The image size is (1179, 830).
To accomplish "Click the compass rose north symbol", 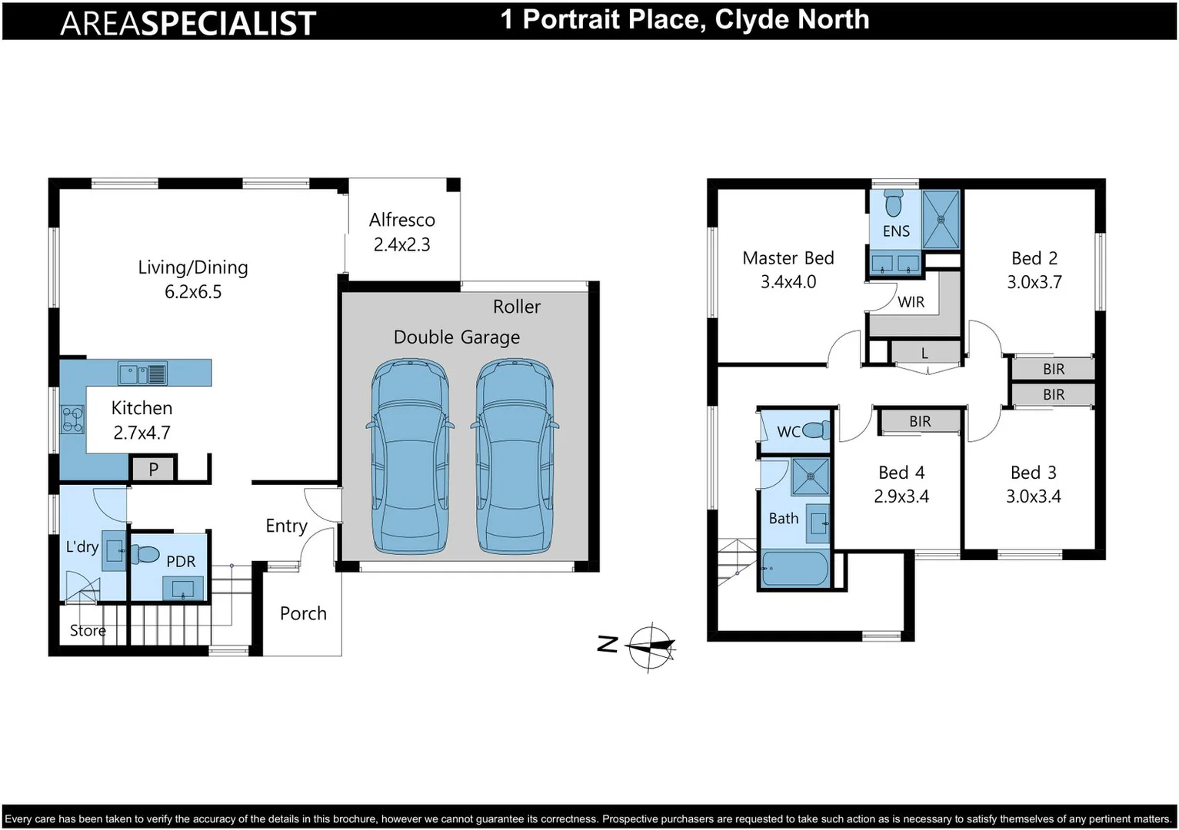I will click(650, 646).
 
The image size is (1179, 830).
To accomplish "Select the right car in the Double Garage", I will click(514, 456).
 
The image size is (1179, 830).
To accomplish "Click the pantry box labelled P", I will click(154, 469).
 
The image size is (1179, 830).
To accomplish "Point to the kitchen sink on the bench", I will click(142, 374).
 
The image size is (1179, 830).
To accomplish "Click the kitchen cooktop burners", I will click(72, 420).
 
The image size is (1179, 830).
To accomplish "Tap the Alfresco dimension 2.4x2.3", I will click(401, 245).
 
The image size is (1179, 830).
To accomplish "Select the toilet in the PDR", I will click(145, 554).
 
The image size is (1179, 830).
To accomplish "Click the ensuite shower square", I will click(941, 219).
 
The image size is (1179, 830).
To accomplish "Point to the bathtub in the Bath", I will click(794, 569).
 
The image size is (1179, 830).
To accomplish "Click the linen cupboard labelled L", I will click(924, 354).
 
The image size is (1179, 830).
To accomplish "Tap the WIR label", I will click(911, 302).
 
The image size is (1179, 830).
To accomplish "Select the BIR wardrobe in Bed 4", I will click(920, 421).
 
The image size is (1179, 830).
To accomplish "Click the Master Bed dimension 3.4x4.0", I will click(788, 282).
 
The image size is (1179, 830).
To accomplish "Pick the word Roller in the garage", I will click(516, 307).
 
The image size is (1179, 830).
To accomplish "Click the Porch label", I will click(303, 613).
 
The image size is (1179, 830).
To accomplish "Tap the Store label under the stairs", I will click(88, 631).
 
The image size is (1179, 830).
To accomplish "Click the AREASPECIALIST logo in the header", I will click(188, 22).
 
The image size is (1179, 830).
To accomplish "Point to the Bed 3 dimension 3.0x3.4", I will click(1033, 496).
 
